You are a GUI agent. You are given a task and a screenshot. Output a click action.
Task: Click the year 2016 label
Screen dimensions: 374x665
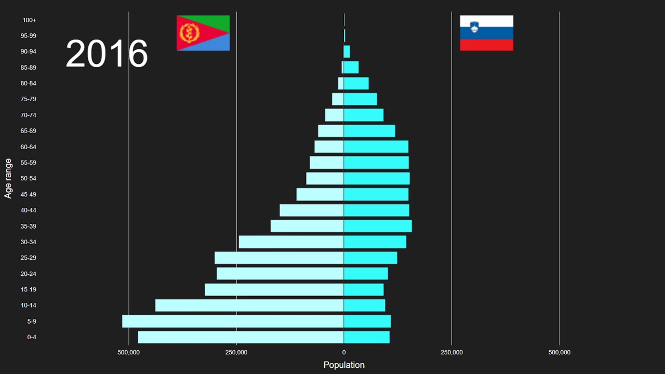point(107,54)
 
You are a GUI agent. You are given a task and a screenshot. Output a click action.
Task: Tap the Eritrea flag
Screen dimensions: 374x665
point(203,33)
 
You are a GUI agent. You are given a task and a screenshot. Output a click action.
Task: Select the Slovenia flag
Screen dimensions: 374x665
point(486,33)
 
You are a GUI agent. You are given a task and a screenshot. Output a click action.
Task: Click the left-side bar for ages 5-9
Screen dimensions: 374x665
point(233,321)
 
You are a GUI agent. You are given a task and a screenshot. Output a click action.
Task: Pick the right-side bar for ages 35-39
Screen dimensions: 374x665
point(378,226)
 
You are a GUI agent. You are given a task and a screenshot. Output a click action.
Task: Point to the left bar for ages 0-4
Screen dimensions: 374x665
point(241,337)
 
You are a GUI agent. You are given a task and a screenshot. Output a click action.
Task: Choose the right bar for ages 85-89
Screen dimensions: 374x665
point(351,68)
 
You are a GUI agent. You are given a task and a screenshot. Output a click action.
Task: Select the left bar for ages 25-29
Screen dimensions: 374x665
point(279,258)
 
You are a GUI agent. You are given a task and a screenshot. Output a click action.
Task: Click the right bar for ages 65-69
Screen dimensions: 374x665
point(369,131)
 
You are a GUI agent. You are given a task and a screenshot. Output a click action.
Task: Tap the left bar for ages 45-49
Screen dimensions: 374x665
point(320,194)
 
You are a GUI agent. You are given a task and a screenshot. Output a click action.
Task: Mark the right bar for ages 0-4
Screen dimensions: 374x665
point(367,337)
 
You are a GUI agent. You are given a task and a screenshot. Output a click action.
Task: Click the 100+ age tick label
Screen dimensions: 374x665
point(30,20)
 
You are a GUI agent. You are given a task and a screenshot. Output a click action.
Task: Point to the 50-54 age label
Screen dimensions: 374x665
point(29,179)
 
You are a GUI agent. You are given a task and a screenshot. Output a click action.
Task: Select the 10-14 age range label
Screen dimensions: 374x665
point(29,305)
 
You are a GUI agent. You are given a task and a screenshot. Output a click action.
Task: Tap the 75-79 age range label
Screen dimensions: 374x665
point(29,99)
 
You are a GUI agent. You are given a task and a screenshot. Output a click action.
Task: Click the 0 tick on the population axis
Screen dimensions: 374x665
point(344,353)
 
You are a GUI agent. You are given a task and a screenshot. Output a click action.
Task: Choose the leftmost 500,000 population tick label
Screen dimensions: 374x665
point(128,353)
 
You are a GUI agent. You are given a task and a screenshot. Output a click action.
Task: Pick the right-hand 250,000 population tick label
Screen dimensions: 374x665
point(451,353)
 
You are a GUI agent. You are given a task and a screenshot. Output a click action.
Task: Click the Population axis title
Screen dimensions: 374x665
point(344,365)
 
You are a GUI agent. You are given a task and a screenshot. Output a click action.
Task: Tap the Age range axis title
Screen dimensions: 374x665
point(8,178)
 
